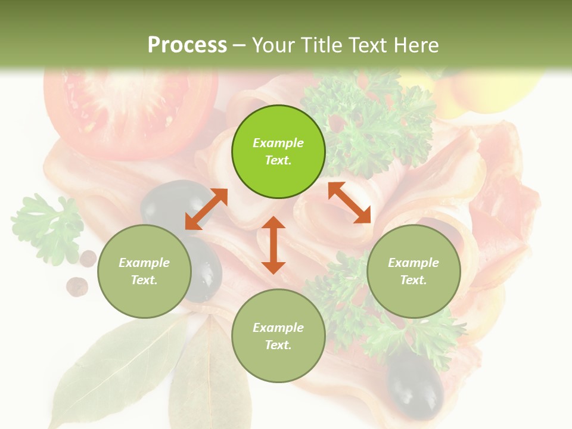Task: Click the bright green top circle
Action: pos(278,152)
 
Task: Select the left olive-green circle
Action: pos(144,271)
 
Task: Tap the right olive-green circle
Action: pos(414,271)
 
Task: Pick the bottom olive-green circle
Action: pos(278,335)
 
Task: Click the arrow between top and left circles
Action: pos(206,209)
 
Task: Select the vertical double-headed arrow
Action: pos(273,245)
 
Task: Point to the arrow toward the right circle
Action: pos(350,203)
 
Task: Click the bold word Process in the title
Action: pos(187,45)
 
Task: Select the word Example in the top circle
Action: pos(278,143)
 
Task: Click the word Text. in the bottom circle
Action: pos(278,345)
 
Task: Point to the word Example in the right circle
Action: pos(414,263)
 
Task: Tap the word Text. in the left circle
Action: pos(144,280)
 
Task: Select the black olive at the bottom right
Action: pos(415,384)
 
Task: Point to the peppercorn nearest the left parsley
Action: pos(88,258)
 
